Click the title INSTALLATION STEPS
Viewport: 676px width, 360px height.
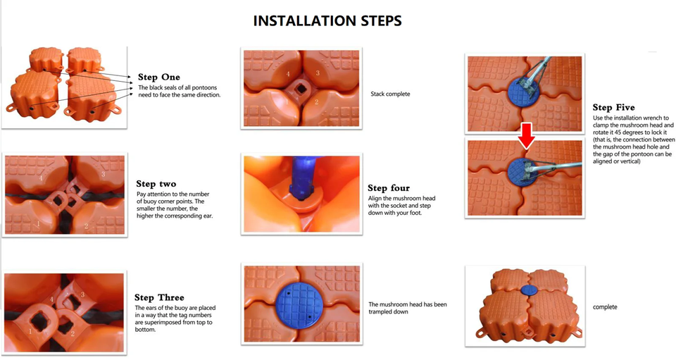[327, 21]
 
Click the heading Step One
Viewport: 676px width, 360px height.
[158, 77]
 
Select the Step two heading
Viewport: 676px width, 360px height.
[156, 184]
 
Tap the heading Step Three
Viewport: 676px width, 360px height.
[159, 297]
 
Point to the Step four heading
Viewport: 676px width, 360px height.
[389, 188]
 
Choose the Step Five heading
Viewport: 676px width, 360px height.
[613, 107]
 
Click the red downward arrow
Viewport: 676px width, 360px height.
[526, 136]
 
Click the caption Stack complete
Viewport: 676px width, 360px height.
[390, 94]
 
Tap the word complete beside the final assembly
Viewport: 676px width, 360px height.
[605, 307]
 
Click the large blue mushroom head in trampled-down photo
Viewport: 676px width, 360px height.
[299, 304]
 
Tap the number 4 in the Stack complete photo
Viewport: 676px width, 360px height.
[288, 74]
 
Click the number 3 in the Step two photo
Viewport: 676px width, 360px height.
[103, 174]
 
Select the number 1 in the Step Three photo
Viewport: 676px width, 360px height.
[30, 331]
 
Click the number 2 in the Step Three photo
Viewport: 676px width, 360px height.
[73, 333]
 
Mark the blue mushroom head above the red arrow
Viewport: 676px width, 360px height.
[524, 92]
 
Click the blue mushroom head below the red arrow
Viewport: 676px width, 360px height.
[522, 172]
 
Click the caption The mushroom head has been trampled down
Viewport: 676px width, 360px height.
[408, 308]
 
